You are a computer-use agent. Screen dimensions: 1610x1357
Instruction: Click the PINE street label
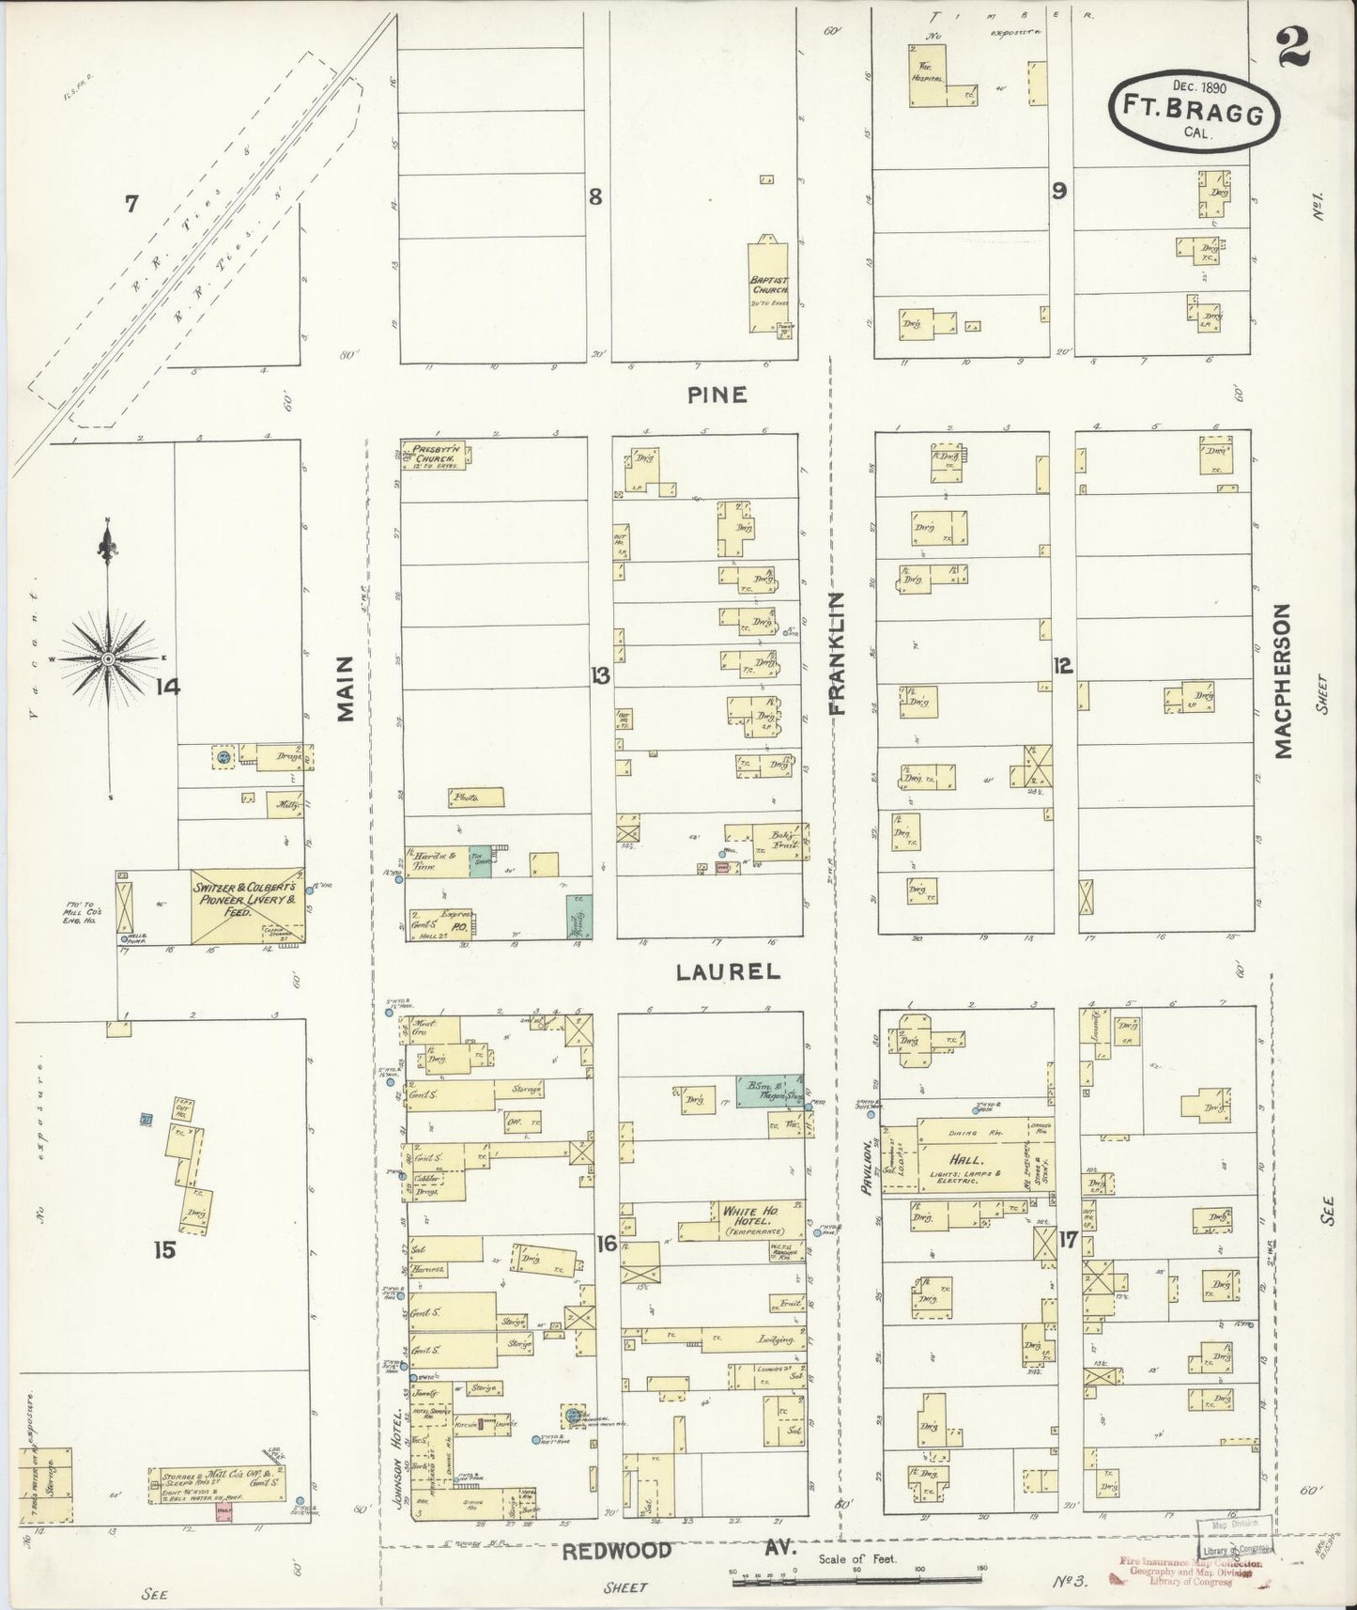(717, 395)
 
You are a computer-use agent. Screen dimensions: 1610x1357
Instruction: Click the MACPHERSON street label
(1283, 680)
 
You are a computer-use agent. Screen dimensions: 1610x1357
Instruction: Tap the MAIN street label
(347, 689)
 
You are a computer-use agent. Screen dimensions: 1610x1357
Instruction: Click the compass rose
(109, 659)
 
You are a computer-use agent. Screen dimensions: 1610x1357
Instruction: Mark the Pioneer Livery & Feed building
(247, 906)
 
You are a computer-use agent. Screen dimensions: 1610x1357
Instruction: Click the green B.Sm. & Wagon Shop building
(768, 1091)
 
